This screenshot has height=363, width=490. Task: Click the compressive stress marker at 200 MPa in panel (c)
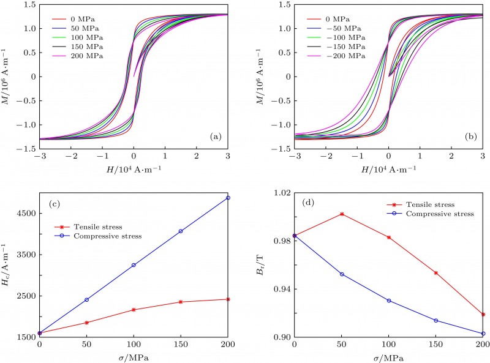click(228, 198)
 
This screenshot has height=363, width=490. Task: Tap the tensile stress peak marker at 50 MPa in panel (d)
click(342, 214)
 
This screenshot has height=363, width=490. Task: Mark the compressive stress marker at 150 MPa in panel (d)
click(436, 321)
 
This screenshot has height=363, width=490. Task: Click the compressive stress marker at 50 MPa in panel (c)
click(87, 300)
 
